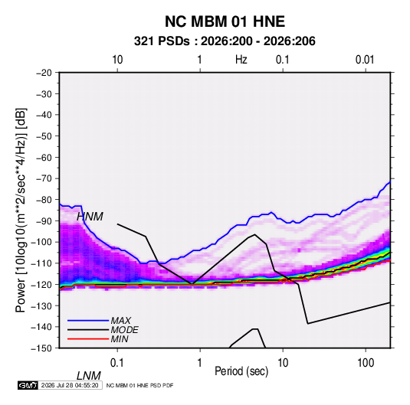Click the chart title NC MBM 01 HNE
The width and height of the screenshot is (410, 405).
coord(225,21)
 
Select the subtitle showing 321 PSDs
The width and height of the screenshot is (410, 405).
coord(225,41)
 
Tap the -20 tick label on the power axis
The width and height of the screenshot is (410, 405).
coord(44,73)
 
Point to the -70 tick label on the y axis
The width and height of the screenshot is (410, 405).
coord(44,178)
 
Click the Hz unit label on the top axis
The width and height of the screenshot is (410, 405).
coord(241,60)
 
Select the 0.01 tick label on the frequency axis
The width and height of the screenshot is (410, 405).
coord(365,60)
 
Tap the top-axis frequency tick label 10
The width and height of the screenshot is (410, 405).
coord(117,60)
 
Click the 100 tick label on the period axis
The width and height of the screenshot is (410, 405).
coord(366,363)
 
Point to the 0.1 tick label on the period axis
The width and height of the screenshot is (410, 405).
coord(117,363)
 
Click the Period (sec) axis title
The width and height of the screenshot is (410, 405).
coord(241,371)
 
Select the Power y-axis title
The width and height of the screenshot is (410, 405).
coord(21,211)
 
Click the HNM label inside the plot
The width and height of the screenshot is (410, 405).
coord(90,217)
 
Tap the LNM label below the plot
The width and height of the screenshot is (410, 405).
coord(89,376)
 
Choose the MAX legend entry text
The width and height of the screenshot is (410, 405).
coord(120,321)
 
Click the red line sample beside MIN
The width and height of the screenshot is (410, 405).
coord(88,339)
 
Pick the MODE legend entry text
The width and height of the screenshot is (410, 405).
coord(124,330)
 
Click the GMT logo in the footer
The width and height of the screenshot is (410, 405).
coord(28,385)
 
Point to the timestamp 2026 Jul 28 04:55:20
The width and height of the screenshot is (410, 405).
coord(70,385)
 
